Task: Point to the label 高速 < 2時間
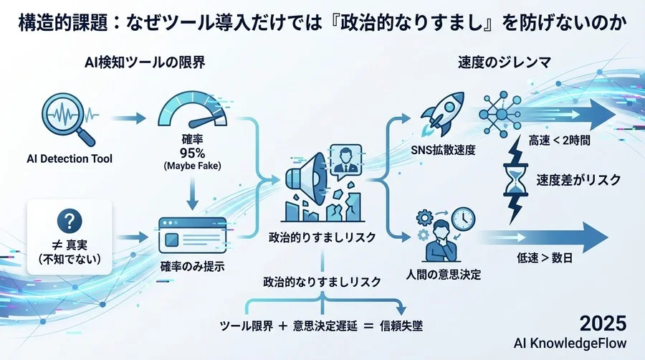coord(559,141)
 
